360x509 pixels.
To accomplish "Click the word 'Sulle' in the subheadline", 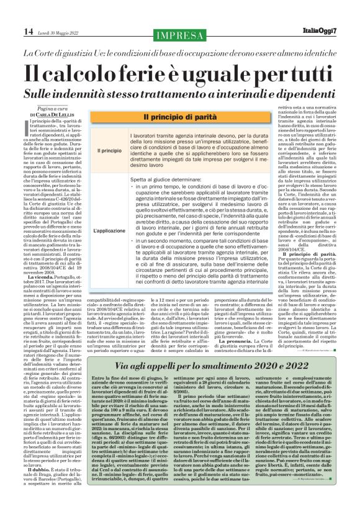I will pos(42,94).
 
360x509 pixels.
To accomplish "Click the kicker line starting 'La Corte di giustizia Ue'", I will pos(179,53).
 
